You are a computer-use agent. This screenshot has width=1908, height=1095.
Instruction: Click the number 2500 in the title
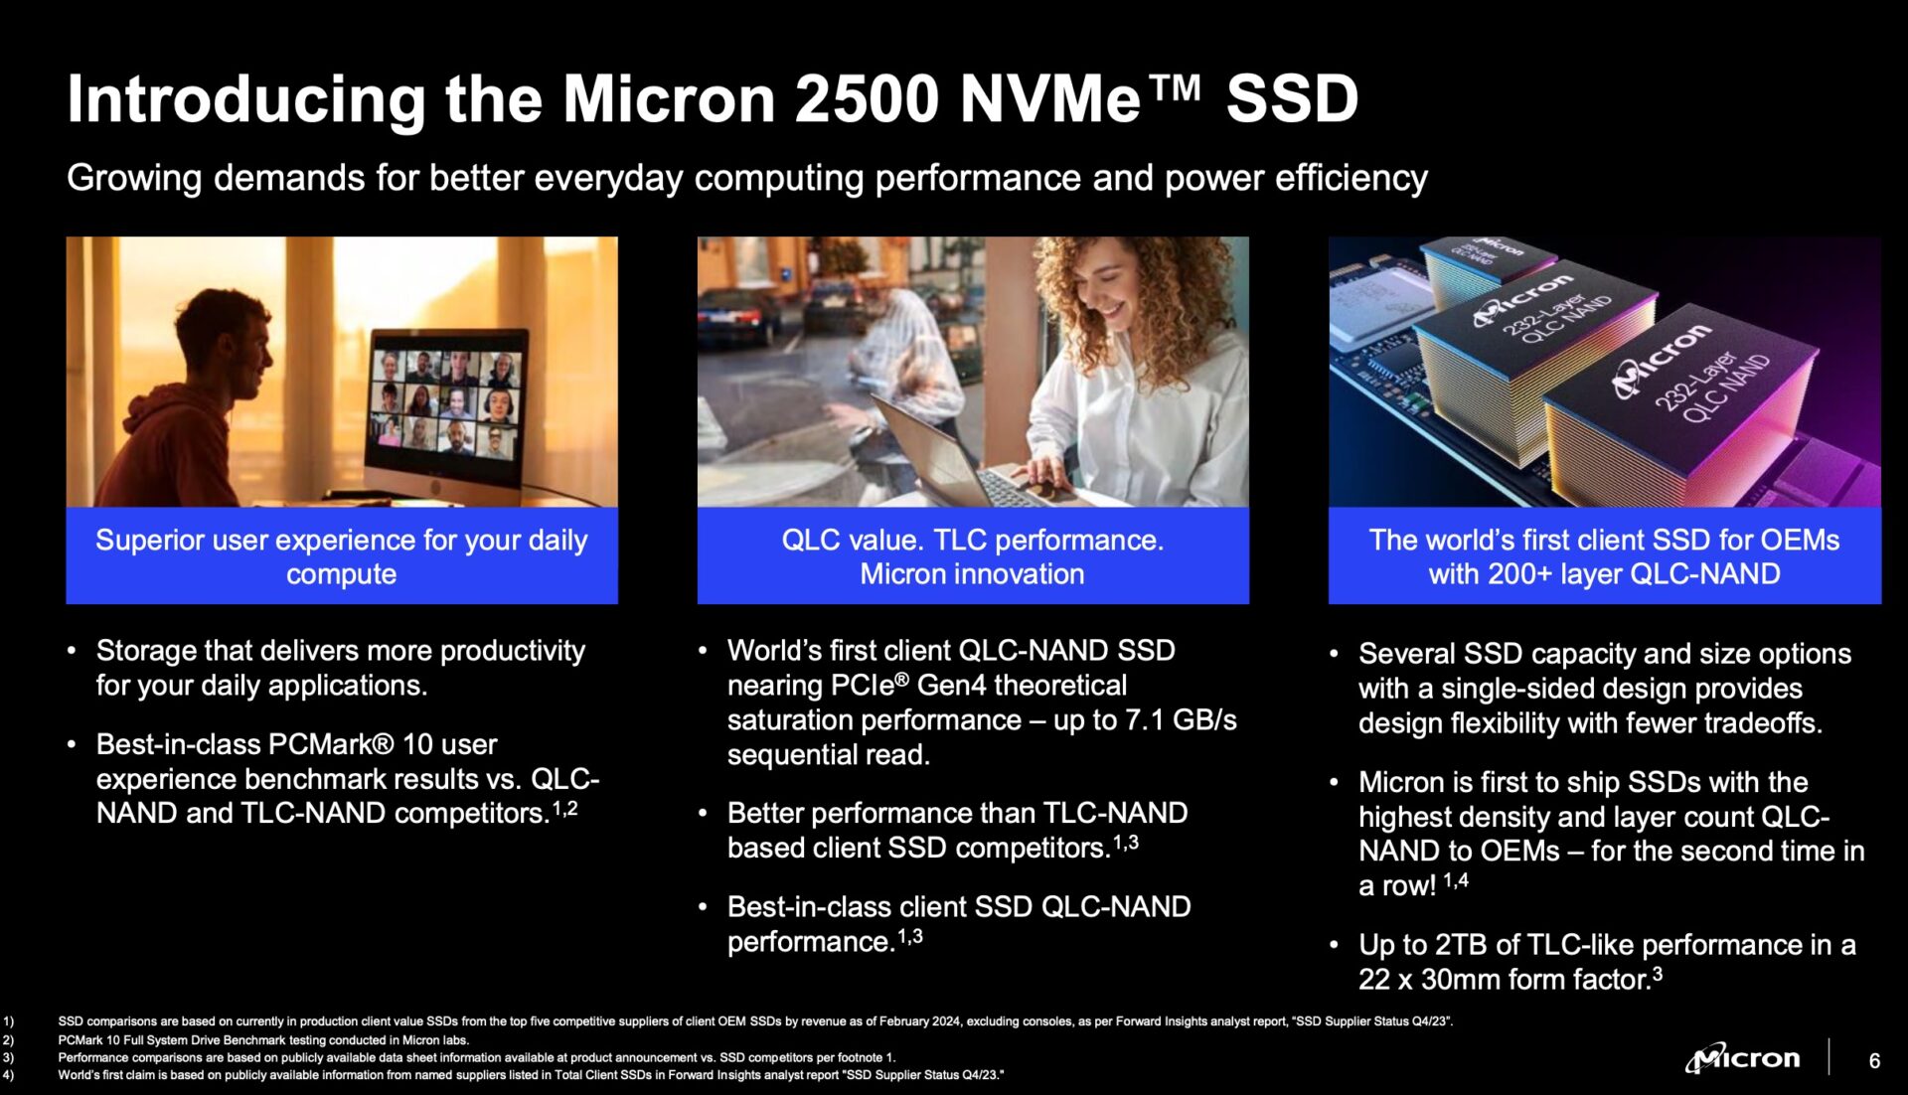click(x=867, y=99)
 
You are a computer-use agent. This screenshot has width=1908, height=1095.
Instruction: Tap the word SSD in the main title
click(x=1291, y=99)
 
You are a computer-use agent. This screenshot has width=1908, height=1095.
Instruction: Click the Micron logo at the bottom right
click(x=1743, y=1059)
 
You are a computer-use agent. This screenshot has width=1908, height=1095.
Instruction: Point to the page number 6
click(x=1874, y=1061)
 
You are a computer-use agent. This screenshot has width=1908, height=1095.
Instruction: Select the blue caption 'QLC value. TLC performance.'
click(x=972, y=540)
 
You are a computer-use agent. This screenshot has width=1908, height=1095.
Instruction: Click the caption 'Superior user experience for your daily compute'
click(x=341, y=556)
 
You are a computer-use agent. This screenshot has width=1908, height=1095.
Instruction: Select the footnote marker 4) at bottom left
click(x=8, y=1075)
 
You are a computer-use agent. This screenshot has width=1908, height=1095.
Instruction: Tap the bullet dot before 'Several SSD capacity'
click(x=1334, y=654)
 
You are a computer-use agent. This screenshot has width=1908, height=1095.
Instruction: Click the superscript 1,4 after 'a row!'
click(x=1455, y=880)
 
